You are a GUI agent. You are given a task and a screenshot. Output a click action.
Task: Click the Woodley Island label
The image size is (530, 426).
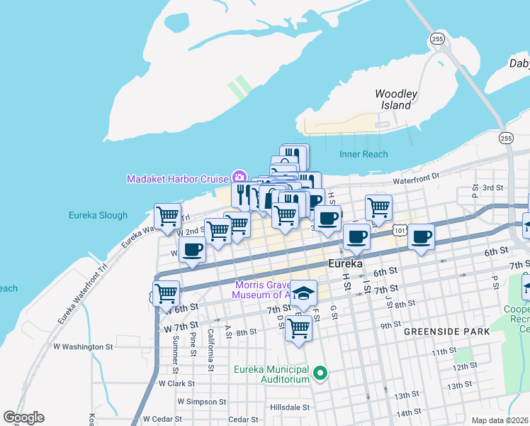pos(395,99)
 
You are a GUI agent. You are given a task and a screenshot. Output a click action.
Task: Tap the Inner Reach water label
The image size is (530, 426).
pos(363,154)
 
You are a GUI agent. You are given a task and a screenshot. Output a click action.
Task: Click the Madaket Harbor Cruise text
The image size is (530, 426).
pos(177,179)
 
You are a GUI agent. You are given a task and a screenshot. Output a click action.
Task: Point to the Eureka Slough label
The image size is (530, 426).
pos(98,215)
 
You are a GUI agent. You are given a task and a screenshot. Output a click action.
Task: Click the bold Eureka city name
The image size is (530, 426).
pos(345,263)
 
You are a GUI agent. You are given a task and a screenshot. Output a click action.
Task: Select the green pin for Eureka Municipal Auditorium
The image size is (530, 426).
pos(320,373)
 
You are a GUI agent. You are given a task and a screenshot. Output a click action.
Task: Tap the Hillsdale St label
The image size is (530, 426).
pos(290,408)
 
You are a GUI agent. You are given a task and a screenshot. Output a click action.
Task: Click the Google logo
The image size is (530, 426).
pos(23,417)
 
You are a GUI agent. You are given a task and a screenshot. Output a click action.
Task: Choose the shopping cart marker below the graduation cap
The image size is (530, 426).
pos(299,328)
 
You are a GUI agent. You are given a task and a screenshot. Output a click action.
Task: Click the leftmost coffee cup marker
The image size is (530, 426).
pos(192,250)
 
